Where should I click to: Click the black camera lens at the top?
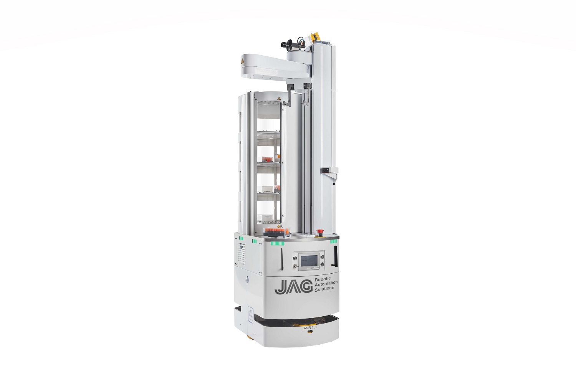pos(285,45)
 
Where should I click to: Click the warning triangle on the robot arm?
pos(242,61)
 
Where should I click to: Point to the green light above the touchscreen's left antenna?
pos(278,243)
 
